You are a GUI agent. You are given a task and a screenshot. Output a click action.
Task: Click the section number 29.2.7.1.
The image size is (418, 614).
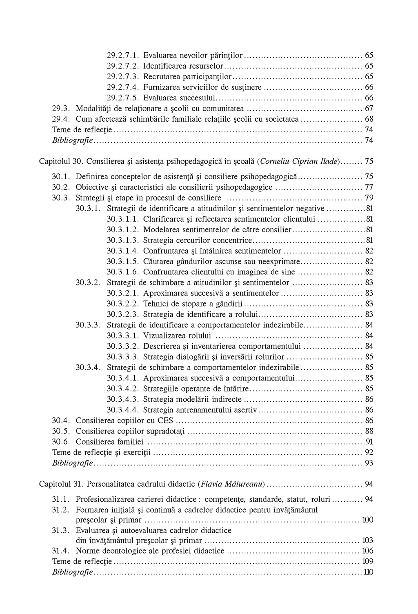point(123,55)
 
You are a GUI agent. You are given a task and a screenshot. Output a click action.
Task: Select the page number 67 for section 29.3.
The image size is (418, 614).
point(369,109)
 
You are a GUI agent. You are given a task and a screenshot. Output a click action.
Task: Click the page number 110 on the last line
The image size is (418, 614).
point(368,572)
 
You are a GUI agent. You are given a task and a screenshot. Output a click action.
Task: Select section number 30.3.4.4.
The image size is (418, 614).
point(123,410)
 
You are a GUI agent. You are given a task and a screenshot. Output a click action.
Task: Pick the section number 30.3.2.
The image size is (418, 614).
point(88,283)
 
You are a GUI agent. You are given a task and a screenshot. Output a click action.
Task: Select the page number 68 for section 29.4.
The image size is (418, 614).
point(369,119)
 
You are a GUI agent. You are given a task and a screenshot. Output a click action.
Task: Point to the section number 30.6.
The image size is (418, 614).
point(62,442)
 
